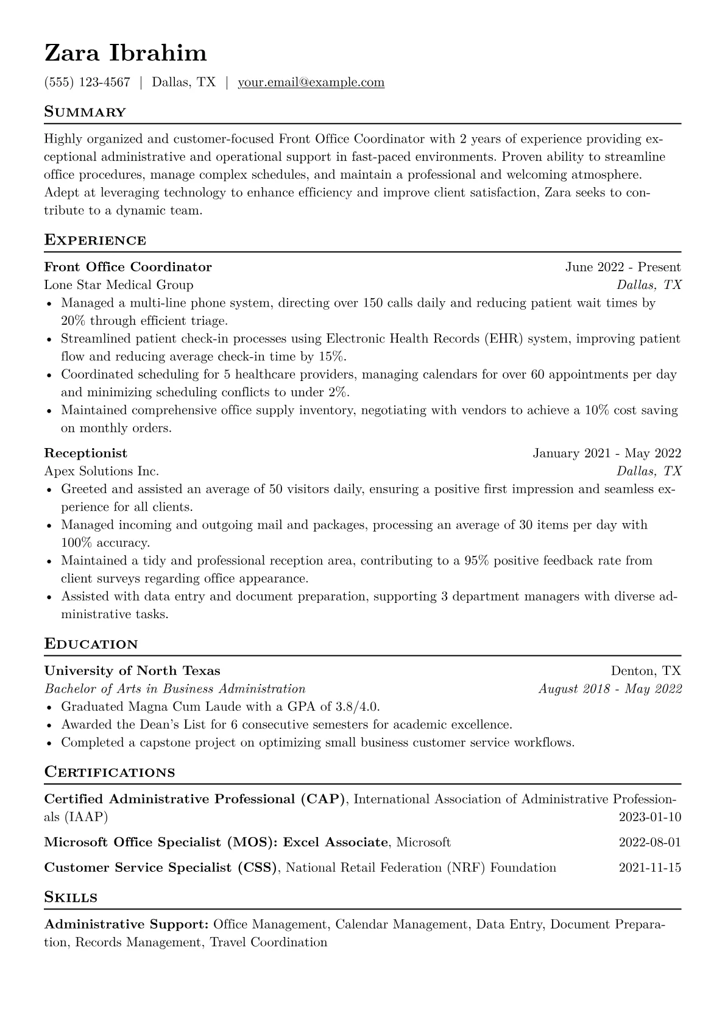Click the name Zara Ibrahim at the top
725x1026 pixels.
126,54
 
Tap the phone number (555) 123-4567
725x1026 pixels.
87,82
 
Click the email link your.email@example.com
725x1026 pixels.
311,82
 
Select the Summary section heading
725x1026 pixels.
85,112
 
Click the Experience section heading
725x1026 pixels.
95,240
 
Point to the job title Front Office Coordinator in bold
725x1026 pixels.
128,267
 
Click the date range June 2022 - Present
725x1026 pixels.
623,267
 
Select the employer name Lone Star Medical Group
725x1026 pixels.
119,285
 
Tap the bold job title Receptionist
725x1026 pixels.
86,453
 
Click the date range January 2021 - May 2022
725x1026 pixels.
607,453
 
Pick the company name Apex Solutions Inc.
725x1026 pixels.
102,471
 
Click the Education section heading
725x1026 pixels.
91,644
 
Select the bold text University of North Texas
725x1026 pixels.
132,671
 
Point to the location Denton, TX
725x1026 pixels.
646,671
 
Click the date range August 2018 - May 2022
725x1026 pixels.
610,689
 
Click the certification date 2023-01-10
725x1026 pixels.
649,817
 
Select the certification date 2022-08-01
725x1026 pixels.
649,843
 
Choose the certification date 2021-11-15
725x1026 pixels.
649,867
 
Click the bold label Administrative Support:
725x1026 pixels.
127,924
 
